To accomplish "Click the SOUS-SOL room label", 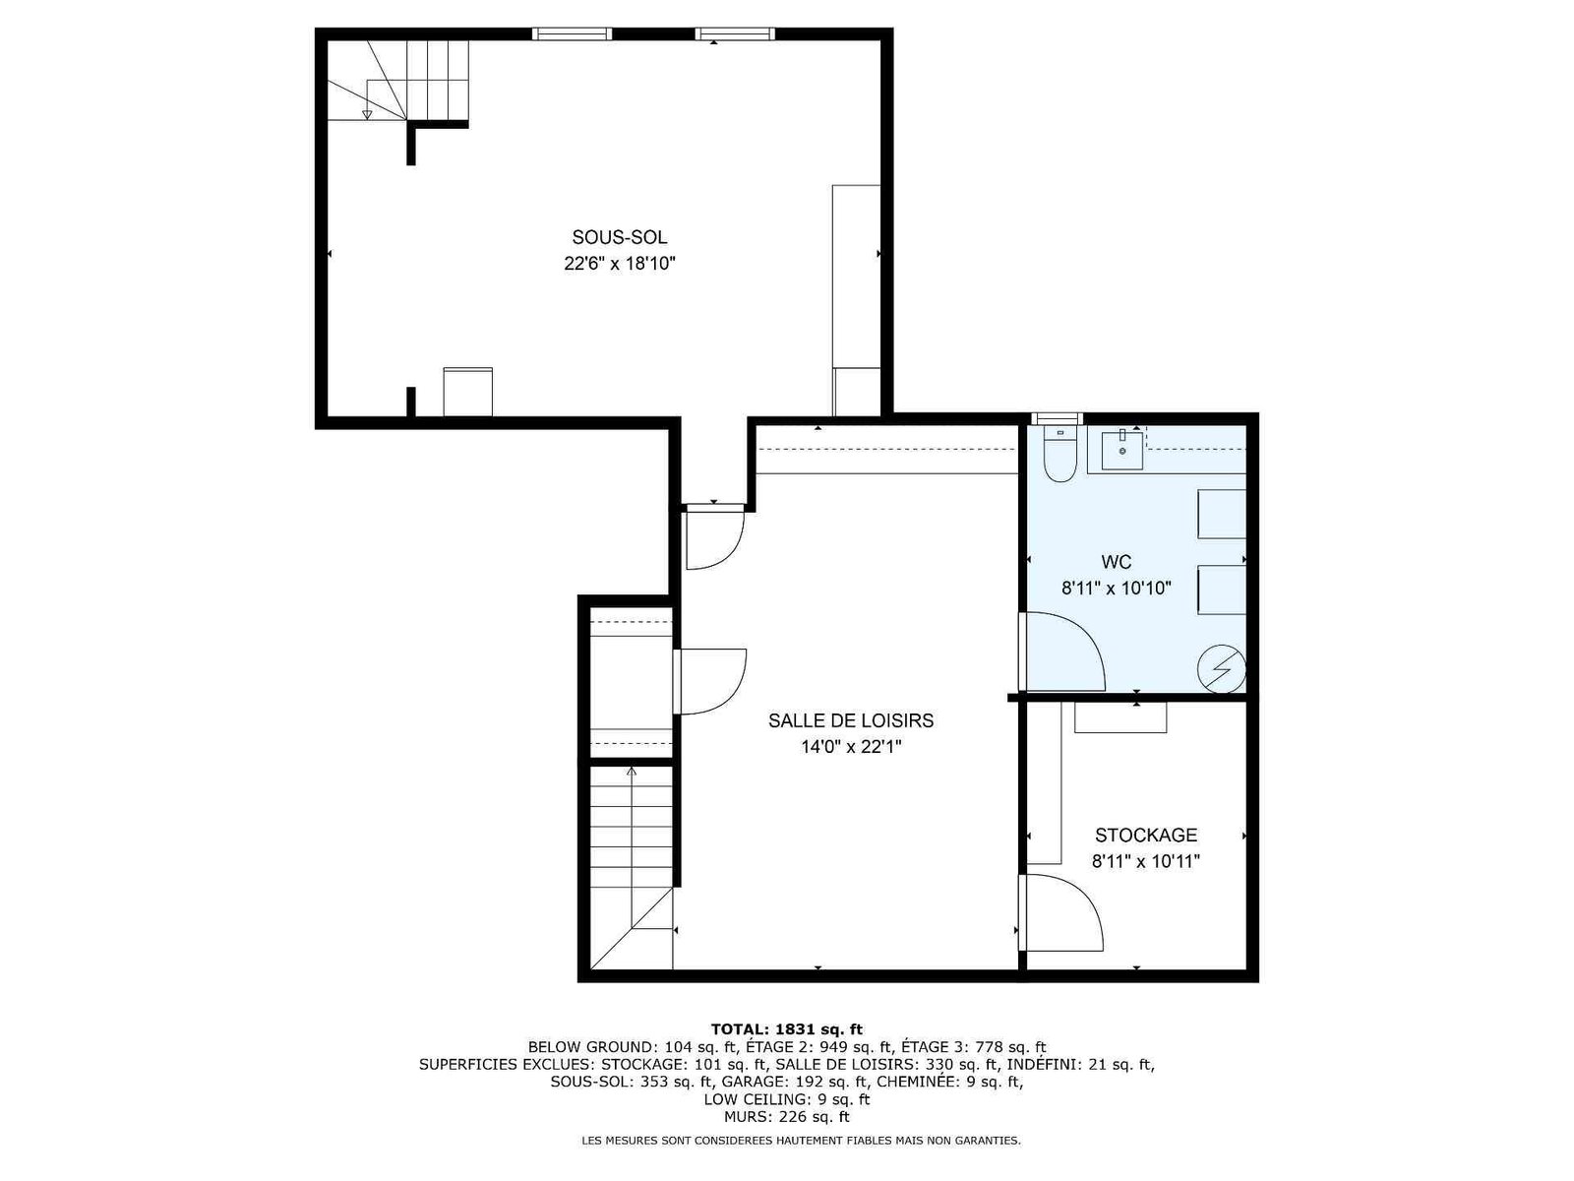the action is (x=619, y=237).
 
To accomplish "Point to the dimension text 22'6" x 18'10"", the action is (x=620, y=264).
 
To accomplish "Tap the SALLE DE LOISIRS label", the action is (x=851, y=720).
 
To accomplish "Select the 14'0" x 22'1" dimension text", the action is (x=851, y=747).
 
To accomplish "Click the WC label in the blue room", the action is (x=1117, y=561).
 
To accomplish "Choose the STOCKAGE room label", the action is (x=1146, y=835).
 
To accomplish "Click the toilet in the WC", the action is (x=1059, y=455).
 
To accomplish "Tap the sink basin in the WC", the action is (x=1121, y=450).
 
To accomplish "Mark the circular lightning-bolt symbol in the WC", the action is (x=1221, y=669).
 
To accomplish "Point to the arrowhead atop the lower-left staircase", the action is (x=631, y=772).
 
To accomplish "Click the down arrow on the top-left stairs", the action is (x=367, y=114).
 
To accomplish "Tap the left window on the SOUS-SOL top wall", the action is (x=572, y=33).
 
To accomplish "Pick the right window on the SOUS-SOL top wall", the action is (x=735, y=33).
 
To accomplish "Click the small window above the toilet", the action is (x=1057, y=419).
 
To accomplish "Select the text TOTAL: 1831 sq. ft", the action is (x=787, y=1030).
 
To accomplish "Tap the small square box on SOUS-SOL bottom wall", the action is (x=467, y=392).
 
